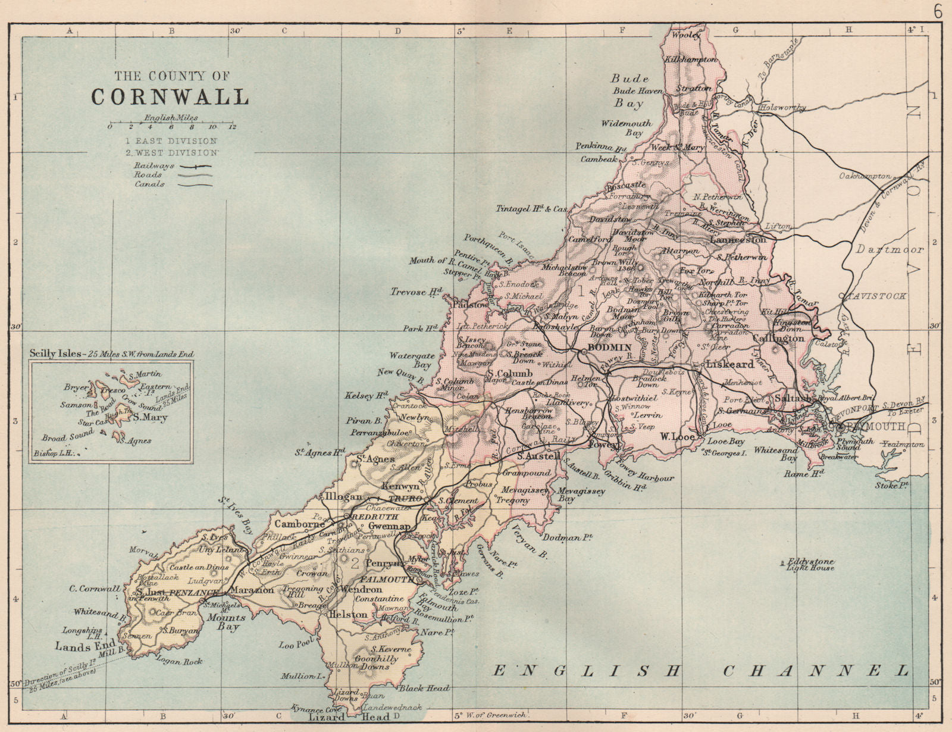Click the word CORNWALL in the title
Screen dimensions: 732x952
point(170,97)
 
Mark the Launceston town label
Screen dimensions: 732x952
point(738,240)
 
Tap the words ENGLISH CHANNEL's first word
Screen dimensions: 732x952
point(586,671)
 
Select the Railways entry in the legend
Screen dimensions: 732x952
point(154,165)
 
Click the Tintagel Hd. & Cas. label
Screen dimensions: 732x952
point(531,209)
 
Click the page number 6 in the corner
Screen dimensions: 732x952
point(938,12)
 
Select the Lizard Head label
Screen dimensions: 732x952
point(349,718)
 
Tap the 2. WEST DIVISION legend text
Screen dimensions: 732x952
point(171,152)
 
